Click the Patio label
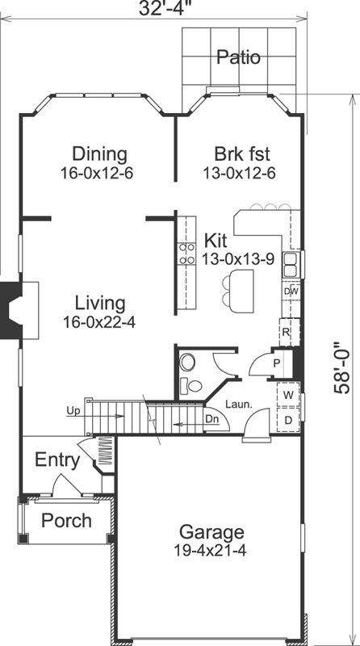pyautogui.click(x=238, y=57)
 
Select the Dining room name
pyautogui.click(x=99, y=153)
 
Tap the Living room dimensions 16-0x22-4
pyautogui.click(x=100, y=321)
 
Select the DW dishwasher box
pyautogui.click(x=291, y=292)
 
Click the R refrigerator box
pyautogui.click(x=286, y=331)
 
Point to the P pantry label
pyautogui.click(x=277, y=364)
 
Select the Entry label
pyautogui.click(x=57, y=461)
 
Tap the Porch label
pyautogui.click(x=66, y=521)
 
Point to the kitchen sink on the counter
pyautogui.click(x=291, y=262)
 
